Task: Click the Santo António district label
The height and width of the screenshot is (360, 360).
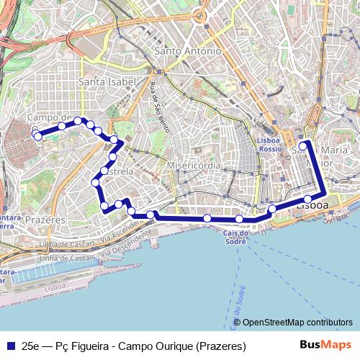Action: click(187, 51)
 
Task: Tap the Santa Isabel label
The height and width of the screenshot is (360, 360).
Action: click(107, 82)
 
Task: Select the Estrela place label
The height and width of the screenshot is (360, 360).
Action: click(119, 172)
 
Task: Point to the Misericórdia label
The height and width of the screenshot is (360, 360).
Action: click(193, 166)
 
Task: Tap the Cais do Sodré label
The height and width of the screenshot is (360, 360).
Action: click(236, 237)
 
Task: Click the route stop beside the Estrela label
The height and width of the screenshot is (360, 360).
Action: click(105, 171)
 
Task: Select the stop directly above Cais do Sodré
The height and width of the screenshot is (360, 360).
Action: click(239, 218)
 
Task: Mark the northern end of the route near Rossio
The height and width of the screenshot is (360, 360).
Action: click(304, 143)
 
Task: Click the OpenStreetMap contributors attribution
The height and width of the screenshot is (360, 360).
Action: click(297, 323)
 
